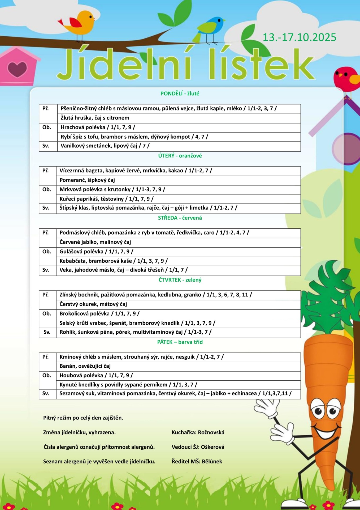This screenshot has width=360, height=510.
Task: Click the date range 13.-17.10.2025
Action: click(299, 37)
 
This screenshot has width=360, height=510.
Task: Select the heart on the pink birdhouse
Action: click(17, 69)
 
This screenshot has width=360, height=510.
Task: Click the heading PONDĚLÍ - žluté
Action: click(180, 93)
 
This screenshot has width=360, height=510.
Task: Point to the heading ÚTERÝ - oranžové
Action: click(180, 156)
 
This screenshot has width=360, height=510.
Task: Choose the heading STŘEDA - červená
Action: click(180, 218)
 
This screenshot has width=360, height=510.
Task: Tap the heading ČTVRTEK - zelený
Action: click(180, 280)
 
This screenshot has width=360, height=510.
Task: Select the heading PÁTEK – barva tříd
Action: click(180, 342)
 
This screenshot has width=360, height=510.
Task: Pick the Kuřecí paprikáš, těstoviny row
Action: click(106, 199)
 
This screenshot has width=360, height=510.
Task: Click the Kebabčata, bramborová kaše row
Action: click(113, 261)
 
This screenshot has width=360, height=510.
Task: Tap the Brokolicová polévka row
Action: click(99, 313)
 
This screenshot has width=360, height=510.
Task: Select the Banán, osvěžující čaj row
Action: click(85, 366)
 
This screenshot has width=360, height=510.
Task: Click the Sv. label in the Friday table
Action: click(46, 393)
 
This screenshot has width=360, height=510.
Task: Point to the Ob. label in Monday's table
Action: click(47, 127)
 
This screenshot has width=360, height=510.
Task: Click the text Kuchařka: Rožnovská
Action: click(198, 432)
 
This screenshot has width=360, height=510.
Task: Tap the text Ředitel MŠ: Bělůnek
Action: click(197, 461)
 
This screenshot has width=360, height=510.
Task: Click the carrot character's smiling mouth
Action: click(327, 432)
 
